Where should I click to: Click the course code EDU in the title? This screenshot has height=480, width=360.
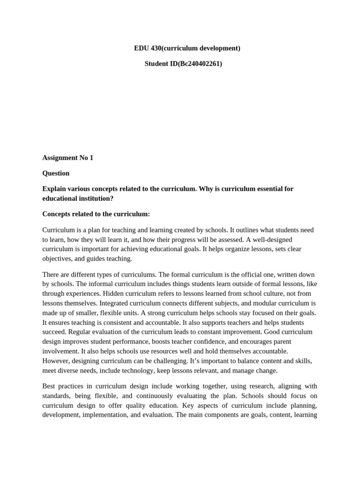(x=141, y=48)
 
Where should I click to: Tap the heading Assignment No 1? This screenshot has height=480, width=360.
(x=67, y=158)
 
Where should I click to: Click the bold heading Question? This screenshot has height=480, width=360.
(x=56, y=173)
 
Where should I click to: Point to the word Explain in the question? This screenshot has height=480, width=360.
(x=54, y=189)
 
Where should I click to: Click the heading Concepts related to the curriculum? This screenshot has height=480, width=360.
(x=96, y=214)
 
